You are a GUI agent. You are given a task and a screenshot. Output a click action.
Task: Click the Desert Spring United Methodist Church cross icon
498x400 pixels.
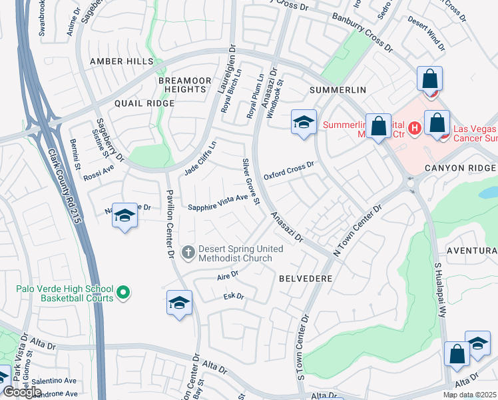click(x=188, y=252)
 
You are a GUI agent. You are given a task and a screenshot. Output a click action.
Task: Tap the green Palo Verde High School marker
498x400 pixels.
click(x=123, y=292)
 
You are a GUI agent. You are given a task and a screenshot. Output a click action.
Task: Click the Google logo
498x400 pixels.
click(x=22, y=392)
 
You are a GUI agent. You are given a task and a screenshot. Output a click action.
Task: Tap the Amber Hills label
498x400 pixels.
click(x=122, y=61)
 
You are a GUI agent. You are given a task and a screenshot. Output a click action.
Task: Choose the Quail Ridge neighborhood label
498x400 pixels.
click(x=144, y=103)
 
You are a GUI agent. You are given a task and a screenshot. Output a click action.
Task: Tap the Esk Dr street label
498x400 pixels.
click(x=234, y=296)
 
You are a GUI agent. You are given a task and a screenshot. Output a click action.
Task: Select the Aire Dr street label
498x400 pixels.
click(x=227, y=274)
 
